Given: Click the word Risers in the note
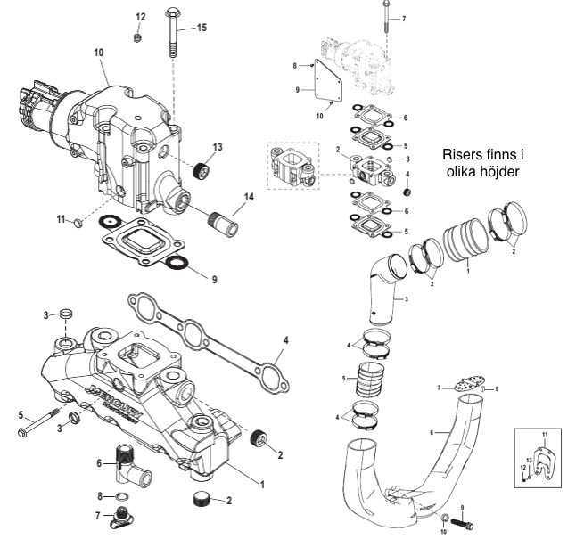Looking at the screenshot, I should click(462, 154).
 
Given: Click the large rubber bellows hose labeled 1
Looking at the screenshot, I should click(465, 239).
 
